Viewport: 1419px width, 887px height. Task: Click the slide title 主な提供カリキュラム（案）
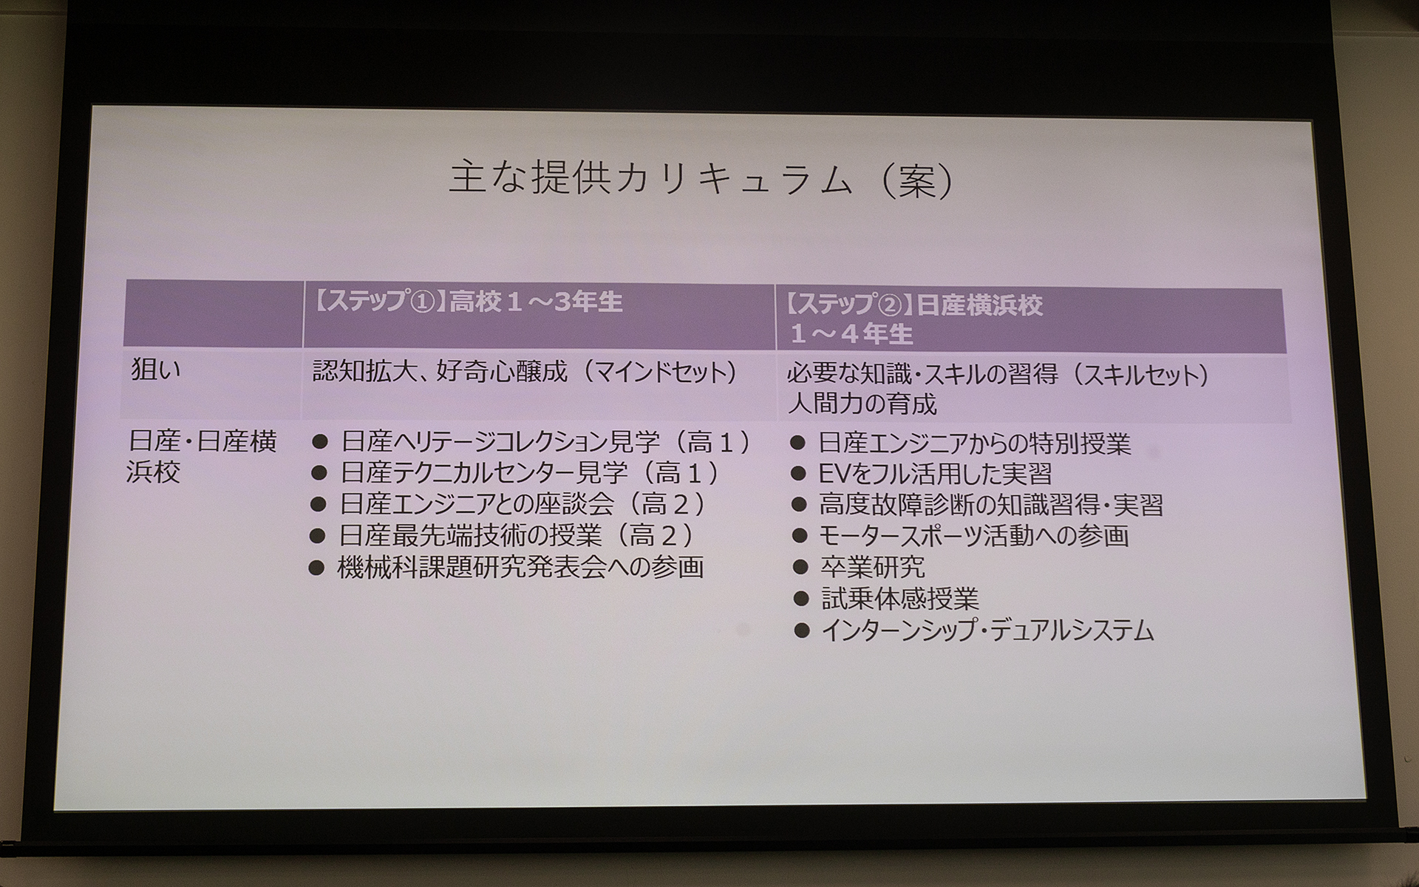[x=701, y=180]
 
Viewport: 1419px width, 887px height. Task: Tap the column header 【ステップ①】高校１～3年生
[x=469, y=302]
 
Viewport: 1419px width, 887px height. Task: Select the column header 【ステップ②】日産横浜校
[x=914, y=306]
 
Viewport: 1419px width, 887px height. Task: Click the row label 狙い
[x=155, y=370]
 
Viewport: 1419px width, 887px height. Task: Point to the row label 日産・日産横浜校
[x=202, y=456]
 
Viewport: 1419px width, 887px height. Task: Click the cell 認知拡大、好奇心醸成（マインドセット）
[x=525, y=371]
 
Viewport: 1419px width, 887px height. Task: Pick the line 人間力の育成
[x=862, y=404]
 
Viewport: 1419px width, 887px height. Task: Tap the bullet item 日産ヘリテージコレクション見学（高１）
[x=545, y=442]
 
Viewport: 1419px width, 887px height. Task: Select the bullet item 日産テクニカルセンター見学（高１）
[x=529, y=473]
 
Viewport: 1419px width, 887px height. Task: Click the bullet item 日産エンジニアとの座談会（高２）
[x=522, y=504]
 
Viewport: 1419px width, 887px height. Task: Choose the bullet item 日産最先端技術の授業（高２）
[x=516, y=535]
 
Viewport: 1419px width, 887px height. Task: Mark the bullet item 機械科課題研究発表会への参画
[x=520, y=567]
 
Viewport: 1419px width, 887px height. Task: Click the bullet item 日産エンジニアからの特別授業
[x=974, y=443]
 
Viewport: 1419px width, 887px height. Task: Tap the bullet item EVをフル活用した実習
[x=934, y=474]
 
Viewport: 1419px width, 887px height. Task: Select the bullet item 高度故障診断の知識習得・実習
[x=990, y=505]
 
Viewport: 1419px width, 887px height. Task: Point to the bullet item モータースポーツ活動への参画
[x=973, y=536]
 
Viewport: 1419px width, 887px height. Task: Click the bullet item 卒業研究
[x=872, y=567]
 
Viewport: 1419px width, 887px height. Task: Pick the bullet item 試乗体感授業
[x=899, y=598]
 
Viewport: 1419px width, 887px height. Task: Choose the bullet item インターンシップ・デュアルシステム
[x=987, y=631]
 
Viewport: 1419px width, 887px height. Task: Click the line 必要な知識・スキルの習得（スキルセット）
[x=998, y=375]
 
